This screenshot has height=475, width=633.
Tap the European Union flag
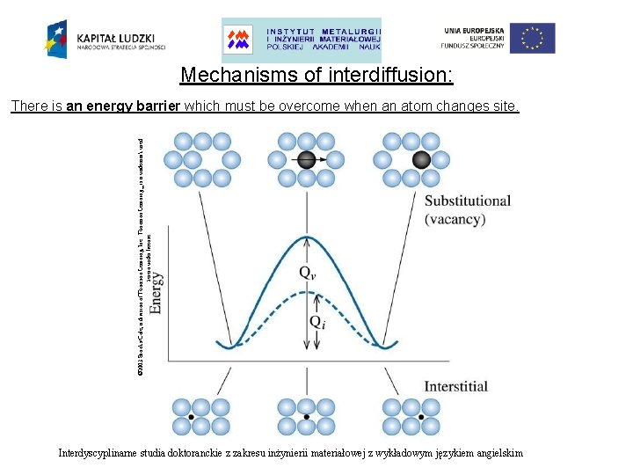[533, 39]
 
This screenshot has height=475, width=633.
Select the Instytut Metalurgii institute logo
[302, 40]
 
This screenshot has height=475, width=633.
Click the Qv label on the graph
[308, 274]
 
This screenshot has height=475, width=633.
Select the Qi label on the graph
[318, 322]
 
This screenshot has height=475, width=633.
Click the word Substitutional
[468, 201]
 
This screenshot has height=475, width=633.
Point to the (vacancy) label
[455, 219]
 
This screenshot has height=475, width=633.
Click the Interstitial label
[455, 386]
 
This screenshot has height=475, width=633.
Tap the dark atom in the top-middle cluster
[306, 159]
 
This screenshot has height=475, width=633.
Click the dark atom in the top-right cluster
[421, 159]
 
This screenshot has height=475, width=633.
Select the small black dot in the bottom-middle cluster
[306, 416]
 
